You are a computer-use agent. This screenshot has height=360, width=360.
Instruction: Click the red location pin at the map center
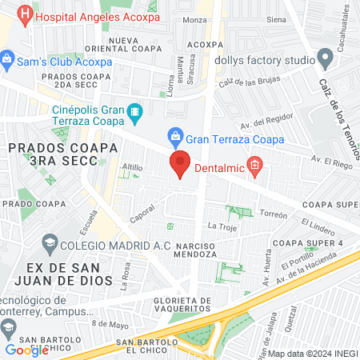pos(180,163)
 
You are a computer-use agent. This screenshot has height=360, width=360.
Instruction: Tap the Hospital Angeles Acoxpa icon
pos(25,14)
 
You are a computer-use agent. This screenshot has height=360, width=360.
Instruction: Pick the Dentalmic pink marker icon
pos(255,167)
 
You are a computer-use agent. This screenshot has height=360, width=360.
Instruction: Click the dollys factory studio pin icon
pos(325,58)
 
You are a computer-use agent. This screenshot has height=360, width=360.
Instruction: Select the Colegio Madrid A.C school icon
pos(50,243)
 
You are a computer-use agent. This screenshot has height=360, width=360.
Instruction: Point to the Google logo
pos(26,350)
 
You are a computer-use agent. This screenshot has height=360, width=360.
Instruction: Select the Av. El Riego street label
pos(328,162)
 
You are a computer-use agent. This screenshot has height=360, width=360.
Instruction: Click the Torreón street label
pos(273,214)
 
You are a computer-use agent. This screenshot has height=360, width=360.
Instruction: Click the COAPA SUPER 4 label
pos(307,242)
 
